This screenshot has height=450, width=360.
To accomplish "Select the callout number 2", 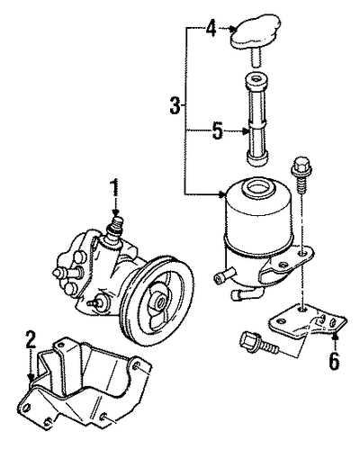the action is click(x=31, y=340).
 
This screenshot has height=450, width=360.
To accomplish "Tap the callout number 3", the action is click(x=175, y=105).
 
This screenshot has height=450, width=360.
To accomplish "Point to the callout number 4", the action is click(x=211, y=28).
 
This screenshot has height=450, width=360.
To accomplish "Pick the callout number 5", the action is click(x=218, y=131).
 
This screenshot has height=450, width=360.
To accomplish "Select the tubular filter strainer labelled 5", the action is click(x=256, y=119).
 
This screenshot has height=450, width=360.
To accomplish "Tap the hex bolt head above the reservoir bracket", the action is click(x=301, y=164).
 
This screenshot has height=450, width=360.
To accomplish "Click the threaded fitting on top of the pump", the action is click(x=117, y=226).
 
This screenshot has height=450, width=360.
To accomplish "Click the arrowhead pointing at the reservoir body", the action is click(x=222, y=194).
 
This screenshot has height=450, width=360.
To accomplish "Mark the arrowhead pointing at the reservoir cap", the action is click(x=232, y=29).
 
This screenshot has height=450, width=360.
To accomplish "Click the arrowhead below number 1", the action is click(x=115, y=212).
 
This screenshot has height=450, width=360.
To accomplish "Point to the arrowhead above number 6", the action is click(x=335, y=338).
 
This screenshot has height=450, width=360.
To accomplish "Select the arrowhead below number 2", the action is click(x=31, y=377).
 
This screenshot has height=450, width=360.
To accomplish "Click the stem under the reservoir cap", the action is click(x=256, y=57).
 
